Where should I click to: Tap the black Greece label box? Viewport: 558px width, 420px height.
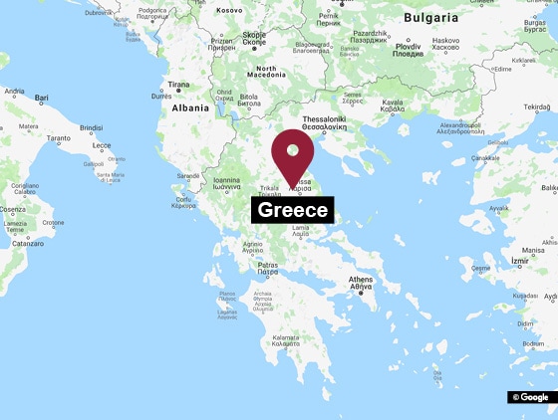click(x=292, y=210)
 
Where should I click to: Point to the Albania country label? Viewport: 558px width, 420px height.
click(x=190, y=107)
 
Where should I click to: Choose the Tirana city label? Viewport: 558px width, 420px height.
click(x=179, y=86)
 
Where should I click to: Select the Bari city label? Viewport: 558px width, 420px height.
click(x=42, y=98)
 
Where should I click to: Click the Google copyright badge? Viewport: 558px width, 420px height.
click(x=529, y=397)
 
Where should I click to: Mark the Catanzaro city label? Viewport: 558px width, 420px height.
click(x=27, y=243)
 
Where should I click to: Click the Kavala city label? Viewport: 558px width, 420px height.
click(x=393, y=103)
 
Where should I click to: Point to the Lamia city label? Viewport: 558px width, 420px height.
click(x=300, y=229)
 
